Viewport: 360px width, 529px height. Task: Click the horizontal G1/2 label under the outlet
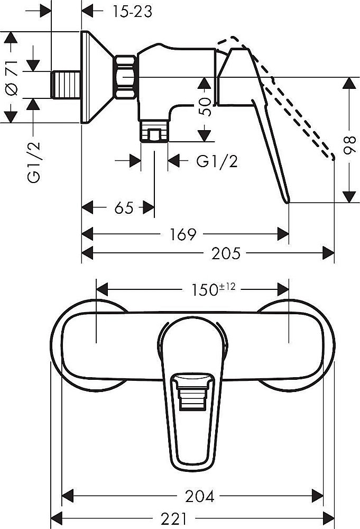tap(216, 162)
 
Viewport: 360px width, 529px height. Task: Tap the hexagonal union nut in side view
tap(126, 78)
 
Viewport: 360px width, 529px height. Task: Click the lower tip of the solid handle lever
tap(288, 200)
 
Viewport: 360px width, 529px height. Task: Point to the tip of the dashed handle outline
tap(333, 158)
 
